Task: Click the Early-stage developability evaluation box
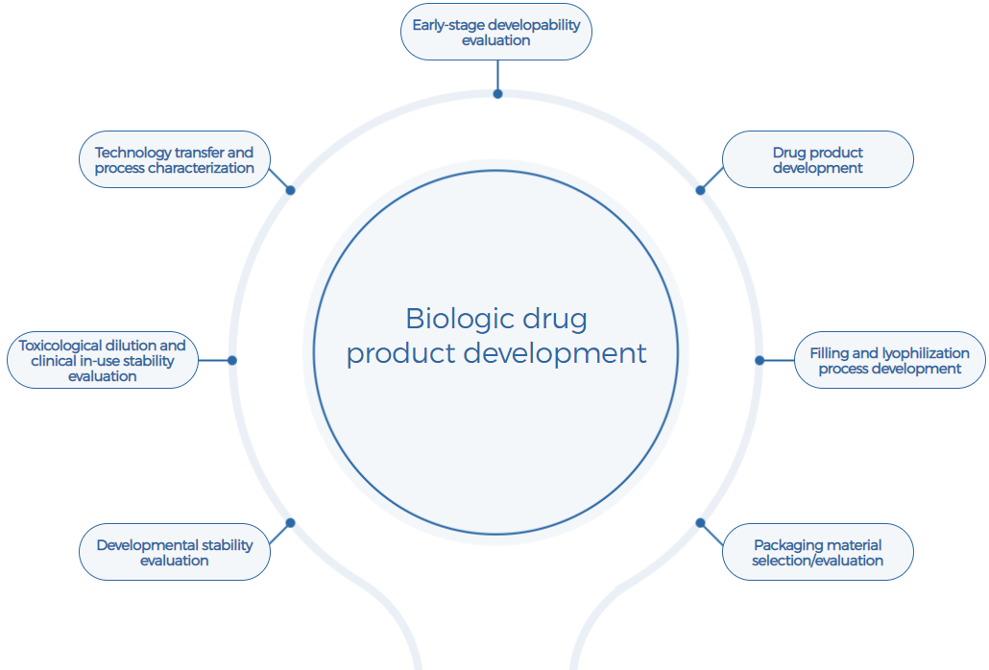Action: pos(495,33)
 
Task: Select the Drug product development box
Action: pos(817,159)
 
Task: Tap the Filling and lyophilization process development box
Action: pos(890,360)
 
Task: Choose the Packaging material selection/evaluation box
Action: pos(817,552)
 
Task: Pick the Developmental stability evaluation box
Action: pos(174,552)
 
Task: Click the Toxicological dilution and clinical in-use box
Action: pos(102,360)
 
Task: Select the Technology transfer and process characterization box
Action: pos(174,159)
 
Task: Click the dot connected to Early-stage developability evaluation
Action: pos(497,94)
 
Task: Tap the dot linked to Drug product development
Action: pos(700,190)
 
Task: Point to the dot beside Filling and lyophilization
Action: pos(760,361)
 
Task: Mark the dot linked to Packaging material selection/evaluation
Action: pos(700,523)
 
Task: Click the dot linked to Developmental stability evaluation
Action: pos(290,523)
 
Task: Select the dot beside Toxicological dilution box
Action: pos(231,361)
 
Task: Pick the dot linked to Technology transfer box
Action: pos(290,190)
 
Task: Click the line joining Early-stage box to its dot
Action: pos(497,75)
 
